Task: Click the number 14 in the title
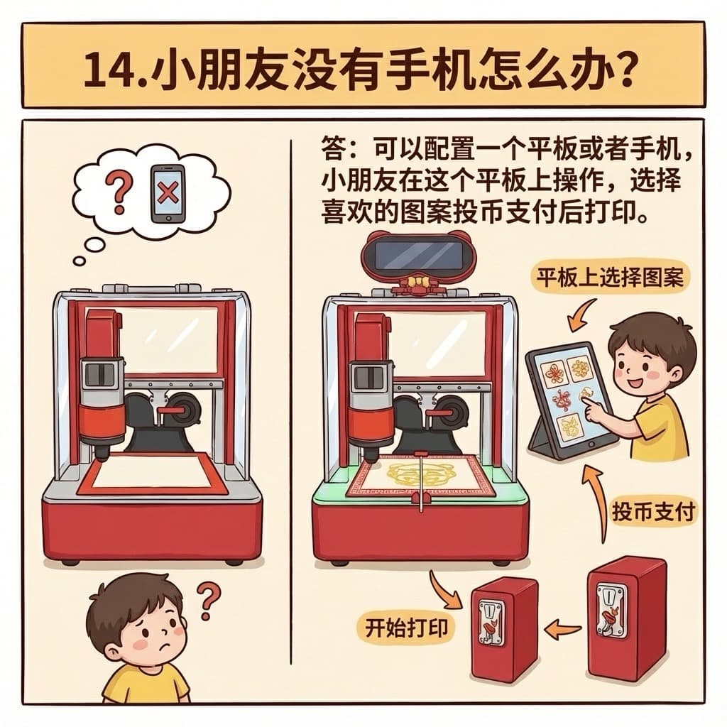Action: (x=109, y=70)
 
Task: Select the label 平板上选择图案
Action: (x=610, y=278)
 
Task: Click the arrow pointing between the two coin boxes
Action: (x=562, y=629)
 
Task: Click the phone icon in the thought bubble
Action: (x=168, y=194)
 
